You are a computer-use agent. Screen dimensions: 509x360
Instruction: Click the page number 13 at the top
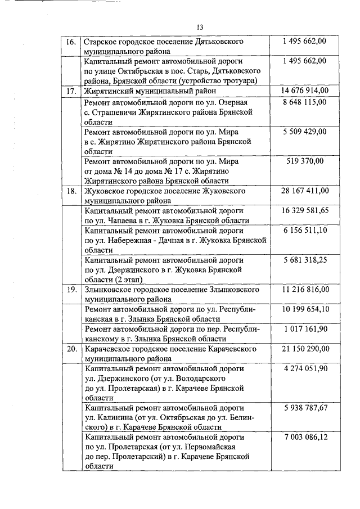click(x=200, y=28)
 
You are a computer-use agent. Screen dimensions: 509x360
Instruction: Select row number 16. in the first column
click(x=71, y=42)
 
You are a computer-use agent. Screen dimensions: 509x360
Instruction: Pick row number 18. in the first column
click(x=71, y=191)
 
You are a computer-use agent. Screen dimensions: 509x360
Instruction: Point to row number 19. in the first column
click(x=71, y=290)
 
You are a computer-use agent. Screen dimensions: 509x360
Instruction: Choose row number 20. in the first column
click(x=71, y=349)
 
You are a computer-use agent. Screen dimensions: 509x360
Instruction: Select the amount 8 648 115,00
click(x=305, y=103)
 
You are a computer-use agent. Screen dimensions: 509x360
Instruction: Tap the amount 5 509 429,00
click(x=305, y=132)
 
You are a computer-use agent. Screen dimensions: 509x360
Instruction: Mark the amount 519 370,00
click(x=305, y=161)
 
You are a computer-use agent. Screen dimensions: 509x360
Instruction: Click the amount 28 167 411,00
click(x=305, y=191)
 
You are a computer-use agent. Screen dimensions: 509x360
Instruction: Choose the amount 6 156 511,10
click(x=305, y=231)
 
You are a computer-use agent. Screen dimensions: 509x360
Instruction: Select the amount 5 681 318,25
click(x=305, y=260)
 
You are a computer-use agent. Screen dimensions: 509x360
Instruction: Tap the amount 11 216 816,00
click(x=305, y=290)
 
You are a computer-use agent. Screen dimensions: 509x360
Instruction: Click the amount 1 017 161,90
click(x=305, y=329)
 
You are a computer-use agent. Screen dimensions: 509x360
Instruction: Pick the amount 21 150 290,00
click(x=305, y=349)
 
